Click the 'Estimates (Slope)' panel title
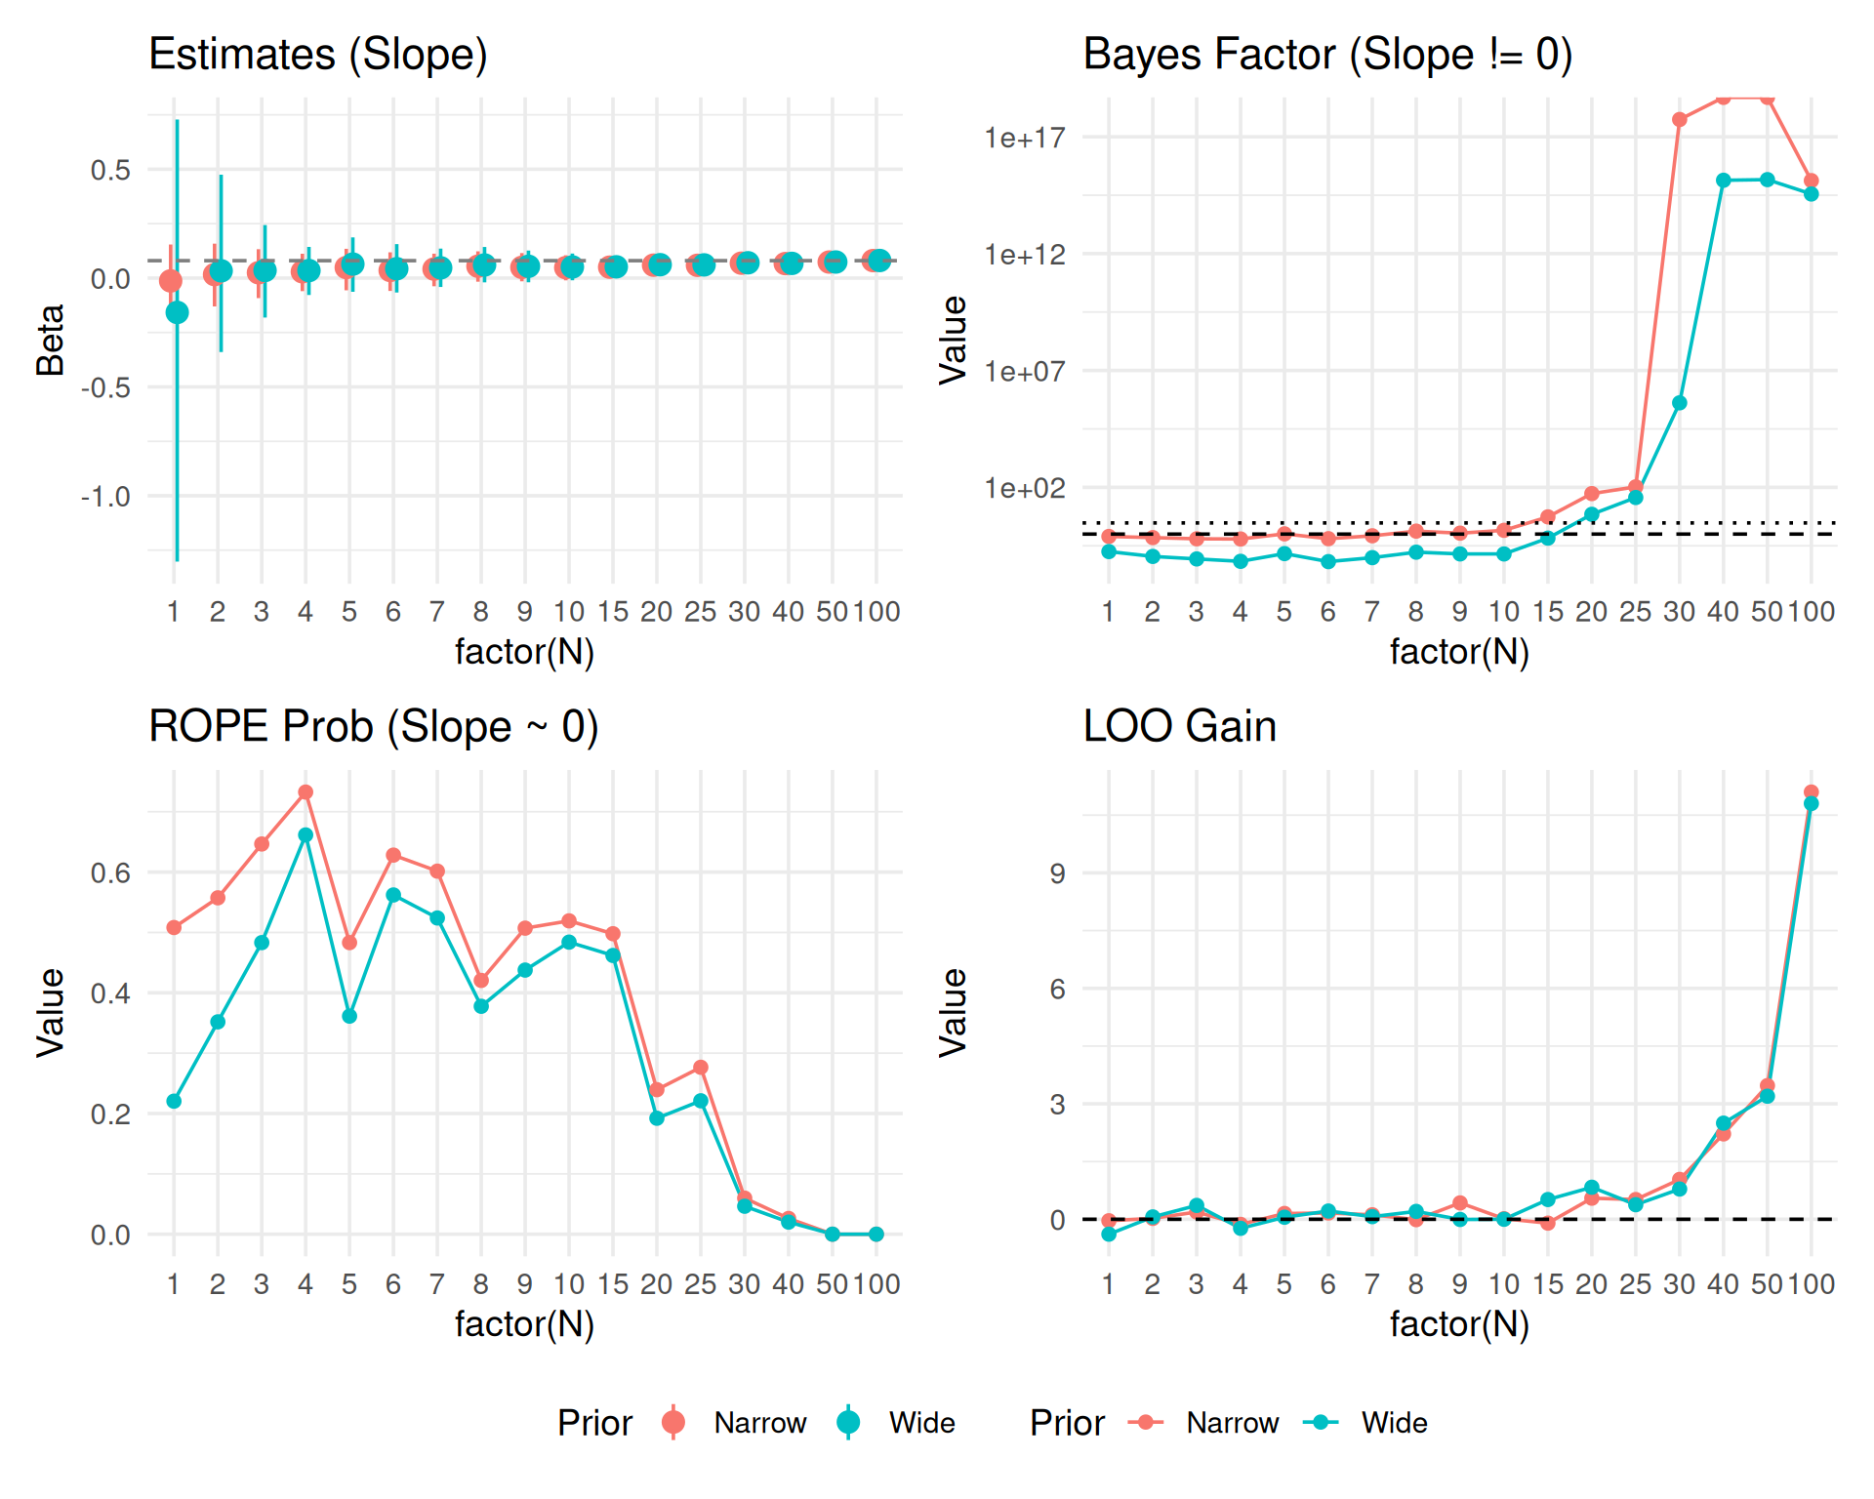[x=317, y=55]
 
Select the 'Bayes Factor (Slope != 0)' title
[x=1326, y=55]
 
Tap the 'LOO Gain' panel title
[x=1179, y=727]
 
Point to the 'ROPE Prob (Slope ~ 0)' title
[x=373, y=727]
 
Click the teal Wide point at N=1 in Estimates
[x=177, y=312]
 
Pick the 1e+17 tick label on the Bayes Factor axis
[x=1025, y=139]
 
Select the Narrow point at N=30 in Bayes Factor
[x=1679, y=120]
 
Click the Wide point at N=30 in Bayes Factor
[x=1679, y=403]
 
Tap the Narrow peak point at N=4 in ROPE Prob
[x=306, y=792]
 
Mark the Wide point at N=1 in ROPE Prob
[x=174, y=1102]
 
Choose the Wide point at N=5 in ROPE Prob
[x=349, y=1017]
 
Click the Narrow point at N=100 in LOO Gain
[x=1811, y=792]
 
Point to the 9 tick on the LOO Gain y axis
[x=1058, y=873]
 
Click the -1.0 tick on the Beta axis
[x=105, y=498]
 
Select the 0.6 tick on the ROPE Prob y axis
[x=110, y=873]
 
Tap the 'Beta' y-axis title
[x=51, y=340]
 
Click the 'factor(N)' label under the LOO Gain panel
[x=1458, y=1324]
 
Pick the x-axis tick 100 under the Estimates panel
[x=876, y=612]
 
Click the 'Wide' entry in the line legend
[x=1394, y=1423]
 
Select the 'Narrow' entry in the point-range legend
[x=759, y=1423]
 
